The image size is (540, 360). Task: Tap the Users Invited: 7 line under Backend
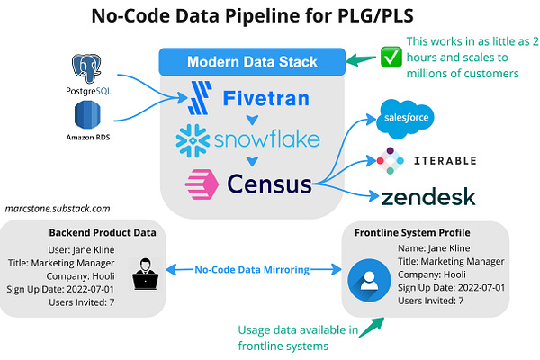(82, 301)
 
